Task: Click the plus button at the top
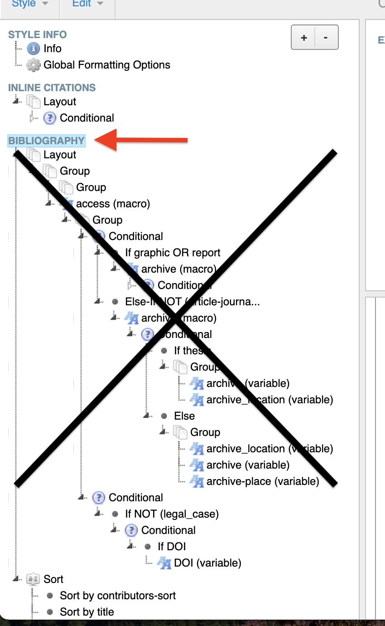click(x=303, y=38)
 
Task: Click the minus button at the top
click(x=326, y=38)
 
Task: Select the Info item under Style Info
click(x=53, y=49)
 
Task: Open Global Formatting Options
click(x=107, y=65)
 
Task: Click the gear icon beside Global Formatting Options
click(x=34, y=65)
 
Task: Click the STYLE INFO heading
click(x=37, y=34)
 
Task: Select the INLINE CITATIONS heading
click(x=52, y=88)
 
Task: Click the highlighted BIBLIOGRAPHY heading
click(x=46, y=141)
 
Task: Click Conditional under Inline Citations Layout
click(x=87, y=118)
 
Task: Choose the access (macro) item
click(x=113, y=204)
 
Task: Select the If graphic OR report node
click(x=173, y=253)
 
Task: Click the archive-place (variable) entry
click(x=263, y=481)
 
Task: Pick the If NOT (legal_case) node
click(x=172, y=514)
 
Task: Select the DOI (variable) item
click(x=207, y=563)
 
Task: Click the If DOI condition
click(x=172, y=547)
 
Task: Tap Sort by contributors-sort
click(x=118, y=596)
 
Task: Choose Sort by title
click(x=87, y=612)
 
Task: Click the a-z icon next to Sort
click(x=33, y=579)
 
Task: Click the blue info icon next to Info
click(x=34, y=49)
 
